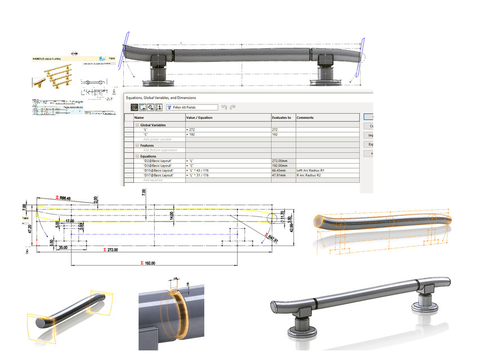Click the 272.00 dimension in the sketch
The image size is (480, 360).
109,249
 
